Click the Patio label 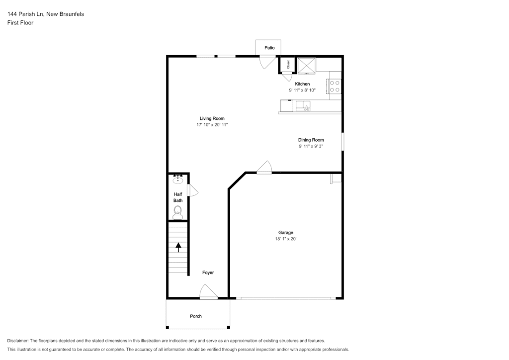coord(269,48)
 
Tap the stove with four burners coord(335,87)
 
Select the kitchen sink coord(303,106)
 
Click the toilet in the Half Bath coord(177,212)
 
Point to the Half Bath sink coord(177,179)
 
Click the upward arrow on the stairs coord(178,247)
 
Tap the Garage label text coord(286,232)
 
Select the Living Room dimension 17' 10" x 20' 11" coord(212,125)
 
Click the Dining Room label coord(311,140)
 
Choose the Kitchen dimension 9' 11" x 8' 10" coord(302,90)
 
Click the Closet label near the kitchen coord(288,64)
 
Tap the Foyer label coord(208,272)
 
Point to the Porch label coord(196,316)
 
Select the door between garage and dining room coord(264,167)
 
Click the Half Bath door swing coord(193,190)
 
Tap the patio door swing coord(267,62)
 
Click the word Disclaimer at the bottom coord(18,341)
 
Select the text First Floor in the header coord(20,23)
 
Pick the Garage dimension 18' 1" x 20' coord(286,239)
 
